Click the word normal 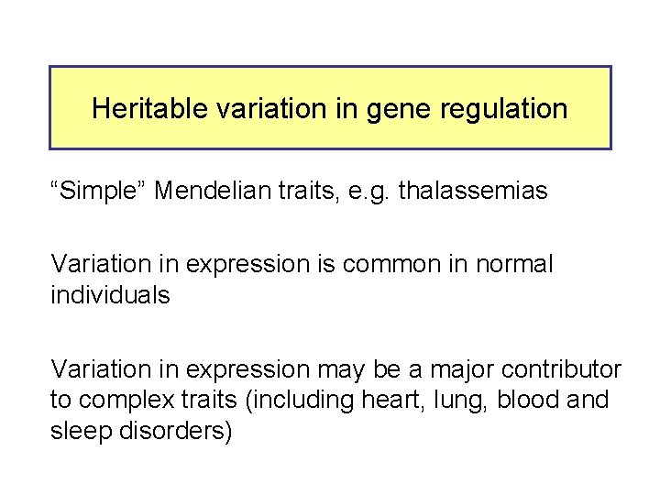[515, 265]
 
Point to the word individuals [110, 296]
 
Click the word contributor [563, 369]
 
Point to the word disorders [177, 432]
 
